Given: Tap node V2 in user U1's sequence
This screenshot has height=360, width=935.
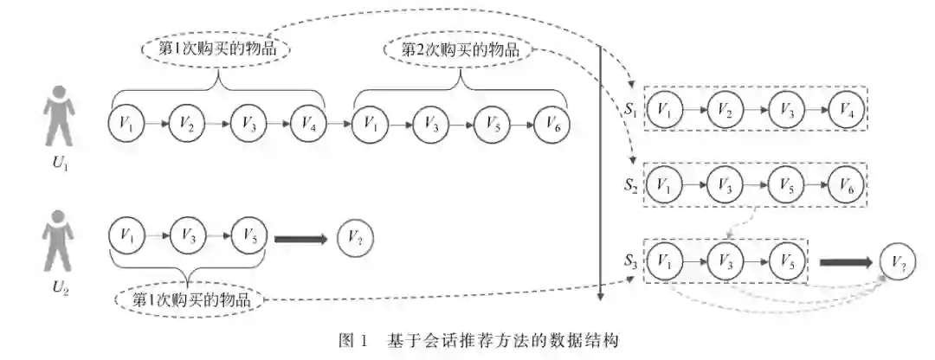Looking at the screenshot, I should (186, 125).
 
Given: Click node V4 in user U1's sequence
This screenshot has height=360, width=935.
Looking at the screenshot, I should (307, 125).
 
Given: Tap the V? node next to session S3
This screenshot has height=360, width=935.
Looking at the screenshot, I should (898, 260).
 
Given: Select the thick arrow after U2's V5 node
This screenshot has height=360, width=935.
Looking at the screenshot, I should (301, 238).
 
